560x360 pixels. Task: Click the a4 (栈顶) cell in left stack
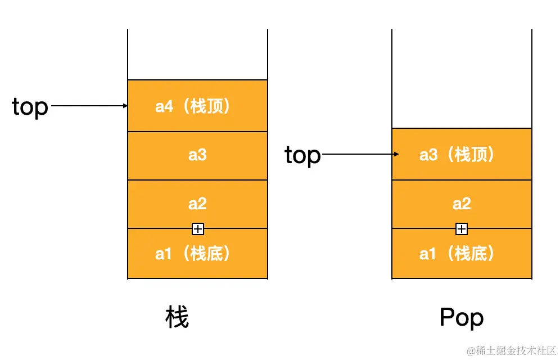click(x=197, y=106)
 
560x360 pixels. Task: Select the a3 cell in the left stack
click(x=197, y=156)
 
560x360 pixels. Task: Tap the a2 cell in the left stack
click(x=197, y=204)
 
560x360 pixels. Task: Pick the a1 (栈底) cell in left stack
click(x=197, y=254)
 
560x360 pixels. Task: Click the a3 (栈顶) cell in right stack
click(x=462, y=154)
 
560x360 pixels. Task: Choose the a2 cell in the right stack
click(x=462, y=204)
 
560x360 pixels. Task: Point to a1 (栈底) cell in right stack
click(x=462, y=254)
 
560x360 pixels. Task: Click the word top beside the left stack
click(x=30, y=106)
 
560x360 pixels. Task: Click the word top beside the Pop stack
click(x=302, y=155)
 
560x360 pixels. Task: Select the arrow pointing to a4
click(x=87, y=105)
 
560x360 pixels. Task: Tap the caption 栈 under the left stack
click(x=177, y=318)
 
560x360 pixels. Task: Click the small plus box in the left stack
click(x=198, y=229)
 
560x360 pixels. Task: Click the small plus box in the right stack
click(x=462, y=229)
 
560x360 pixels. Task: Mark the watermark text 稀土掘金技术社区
click(x=511, y=350)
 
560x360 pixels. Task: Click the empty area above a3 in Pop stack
click(x=462, y=79)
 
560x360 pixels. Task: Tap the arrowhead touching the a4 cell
click(x=125, y=105)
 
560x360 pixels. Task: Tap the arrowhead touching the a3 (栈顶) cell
click(x=397, y=154)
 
